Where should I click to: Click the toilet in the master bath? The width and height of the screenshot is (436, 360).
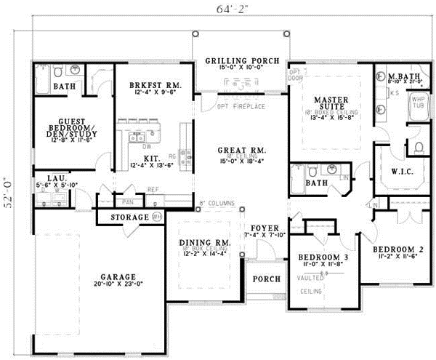click(418, 148)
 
